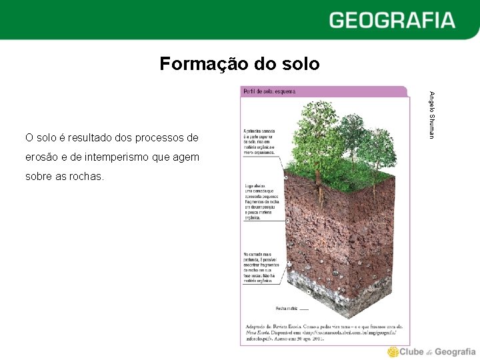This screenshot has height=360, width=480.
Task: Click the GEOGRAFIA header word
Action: (391, 20)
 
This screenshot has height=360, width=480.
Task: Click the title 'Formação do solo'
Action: (239, 64)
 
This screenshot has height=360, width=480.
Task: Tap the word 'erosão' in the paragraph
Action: (42, 157)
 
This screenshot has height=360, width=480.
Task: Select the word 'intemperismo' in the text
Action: (115, 157)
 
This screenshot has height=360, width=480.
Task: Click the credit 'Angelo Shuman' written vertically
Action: (431, 115)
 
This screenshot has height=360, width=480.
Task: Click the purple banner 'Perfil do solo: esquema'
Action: (269, 91)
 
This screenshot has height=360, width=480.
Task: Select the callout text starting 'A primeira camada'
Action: (259, 141)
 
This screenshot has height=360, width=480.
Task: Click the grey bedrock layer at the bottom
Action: (333, 293)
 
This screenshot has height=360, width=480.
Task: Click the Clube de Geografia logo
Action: (431, 352)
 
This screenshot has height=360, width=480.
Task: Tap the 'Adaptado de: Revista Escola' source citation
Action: (323, 332)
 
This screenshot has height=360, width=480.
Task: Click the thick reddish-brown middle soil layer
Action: (333, 227)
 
